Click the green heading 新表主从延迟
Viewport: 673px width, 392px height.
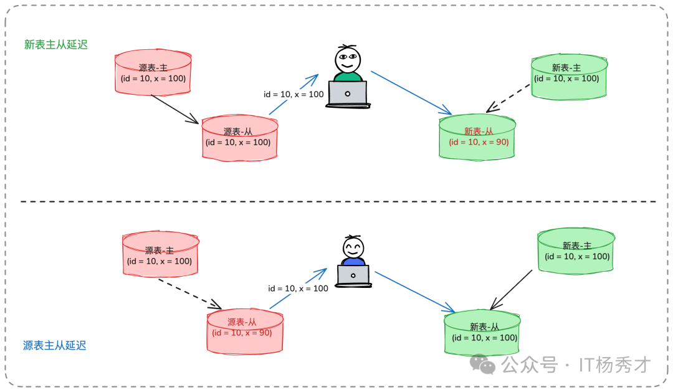56,45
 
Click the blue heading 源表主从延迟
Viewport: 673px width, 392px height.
55,345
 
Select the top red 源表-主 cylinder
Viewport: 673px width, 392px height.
153,73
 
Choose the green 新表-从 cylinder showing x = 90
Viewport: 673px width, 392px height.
478,136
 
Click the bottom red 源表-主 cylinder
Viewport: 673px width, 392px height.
160,255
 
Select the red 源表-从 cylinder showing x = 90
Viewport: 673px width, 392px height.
245,328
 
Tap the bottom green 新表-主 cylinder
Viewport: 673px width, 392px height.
576,250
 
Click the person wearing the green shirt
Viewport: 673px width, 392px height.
348,63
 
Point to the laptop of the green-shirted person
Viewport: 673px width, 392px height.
348,94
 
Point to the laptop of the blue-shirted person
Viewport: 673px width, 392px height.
353,275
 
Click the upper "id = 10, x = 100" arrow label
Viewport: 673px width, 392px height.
294,94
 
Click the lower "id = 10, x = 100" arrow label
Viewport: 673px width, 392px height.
298,289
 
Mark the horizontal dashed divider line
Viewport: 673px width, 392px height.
336,201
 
